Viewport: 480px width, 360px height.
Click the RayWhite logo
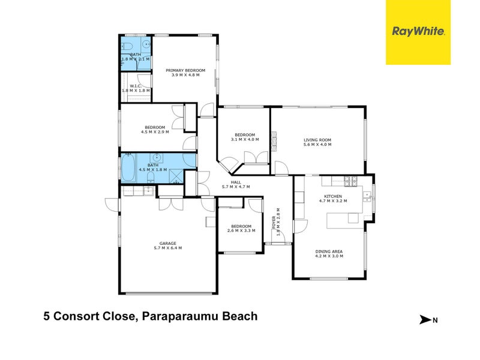[418, 32]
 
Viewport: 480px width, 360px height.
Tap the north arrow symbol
[427, 320]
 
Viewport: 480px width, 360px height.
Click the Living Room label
[317, 140]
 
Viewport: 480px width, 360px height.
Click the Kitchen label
[332, 196]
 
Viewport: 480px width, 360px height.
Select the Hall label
[236, 182]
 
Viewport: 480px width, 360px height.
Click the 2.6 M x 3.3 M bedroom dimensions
[241, 230]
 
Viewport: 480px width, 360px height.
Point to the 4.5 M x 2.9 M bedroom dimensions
[154, 131]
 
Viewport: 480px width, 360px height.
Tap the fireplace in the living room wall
[275, 140]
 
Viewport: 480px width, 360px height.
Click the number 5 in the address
[46, 316]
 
